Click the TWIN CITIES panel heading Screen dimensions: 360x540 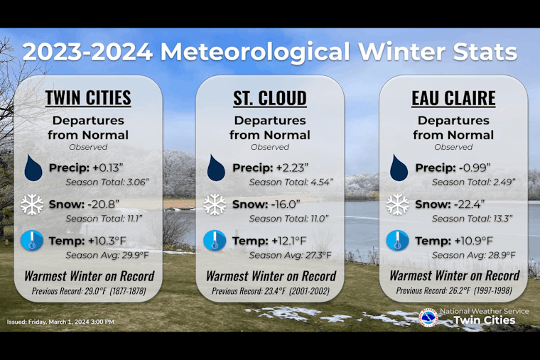88,97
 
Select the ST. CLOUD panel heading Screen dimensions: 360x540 270,97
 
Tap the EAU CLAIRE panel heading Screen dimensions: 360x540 453,97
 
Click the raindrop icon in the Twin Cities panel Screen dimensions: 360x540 33,168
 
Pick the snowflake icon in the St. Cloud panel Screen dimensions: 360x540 215,205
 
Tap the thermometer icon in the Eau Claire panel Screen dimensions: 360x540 397,241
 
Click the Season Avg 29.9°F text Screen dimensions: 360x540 107,255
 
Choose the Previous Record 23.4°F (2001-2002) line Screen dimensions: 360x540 270,290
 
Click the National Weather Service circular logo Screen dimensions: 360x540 428,317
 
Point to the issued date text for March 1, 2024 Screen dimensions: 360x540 60,322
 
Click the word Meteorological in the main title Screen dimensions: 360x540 255,52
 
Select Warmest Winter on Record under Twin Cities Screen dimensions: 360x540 89,276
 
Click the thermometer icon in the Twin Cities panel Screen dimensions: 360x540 33,241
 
